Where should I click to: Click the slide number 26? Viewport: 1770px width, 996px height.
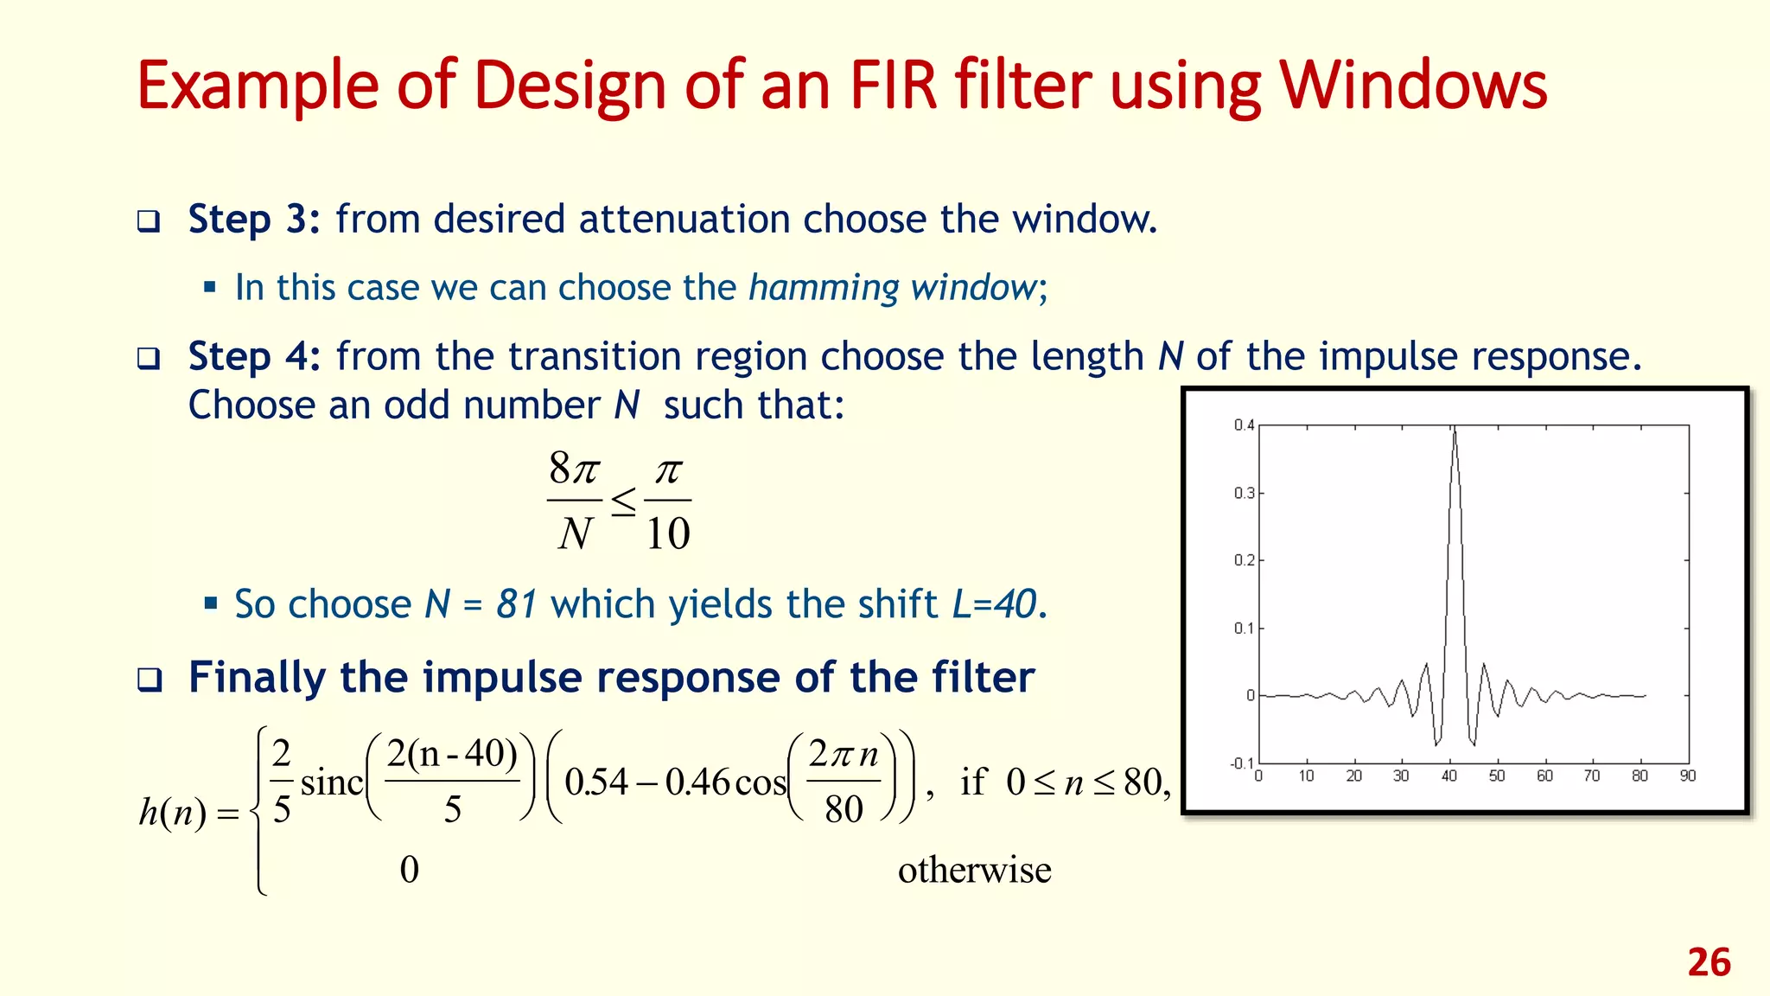1709,962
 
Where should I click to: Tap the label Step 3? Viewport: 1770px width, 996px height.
254,220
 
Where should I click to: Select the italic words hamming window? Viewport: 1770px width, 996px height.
892,288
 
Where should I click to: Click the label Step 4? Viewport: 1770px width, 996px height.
254,356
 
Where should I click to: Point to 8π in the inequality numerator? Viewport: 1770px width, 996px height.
574,469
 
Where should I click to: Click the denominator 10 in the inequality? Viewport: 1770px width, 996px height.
668,533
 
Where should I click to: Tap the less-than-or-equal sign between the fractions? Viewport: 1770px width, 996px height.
623,501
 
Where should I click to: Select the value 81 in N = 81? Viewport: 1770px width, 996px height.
517,604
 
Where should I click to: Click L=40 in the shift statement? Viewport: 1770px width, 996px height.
994,604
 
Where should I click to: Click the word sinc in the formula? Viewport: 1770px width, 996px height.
332,783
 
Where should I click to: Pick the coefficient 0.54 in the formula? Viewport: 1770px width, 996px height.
596,782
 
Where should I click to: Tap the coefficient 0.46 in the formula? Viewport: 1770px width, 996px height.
698,782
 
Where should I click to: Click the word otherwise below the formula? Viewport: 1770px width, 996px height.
974,870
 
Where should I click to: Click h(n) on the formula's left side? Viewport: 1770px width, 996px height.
173,812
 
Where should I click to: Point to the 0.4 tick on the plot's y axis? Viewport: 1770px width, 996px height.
1243,425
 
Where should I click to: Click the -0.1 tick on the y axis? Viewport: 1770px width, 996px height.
1241,763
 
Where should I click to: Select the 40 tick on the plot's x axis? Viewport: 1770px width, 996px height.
1448,776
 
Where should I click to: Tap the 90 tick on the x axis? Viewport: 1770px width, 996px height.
1687,776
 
